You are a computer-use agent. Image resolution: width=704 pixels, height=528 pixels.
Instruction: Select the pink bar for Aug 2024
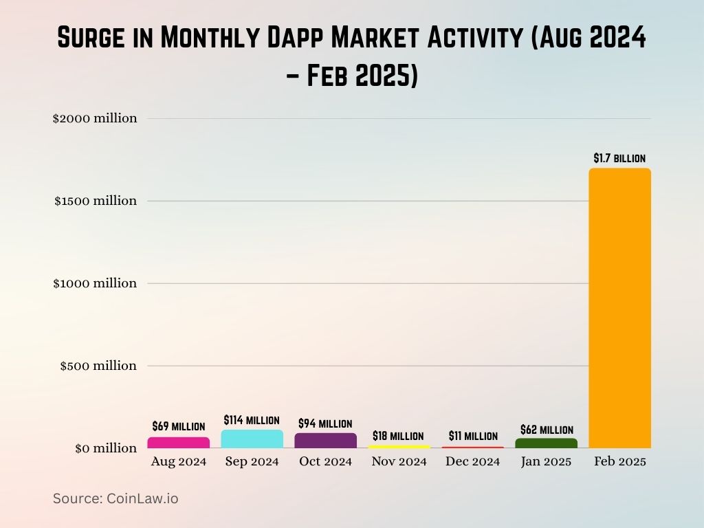pyautogui.click(x=178, y=443)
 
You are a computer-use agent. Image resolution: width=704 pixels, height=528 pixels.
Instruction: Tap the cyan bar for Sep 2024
pyautogui.click(x=252, y=439)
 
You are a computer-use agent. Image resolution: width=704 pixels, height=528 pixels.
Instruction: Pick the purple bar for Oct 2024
pyautogui.click(x=325, y=441)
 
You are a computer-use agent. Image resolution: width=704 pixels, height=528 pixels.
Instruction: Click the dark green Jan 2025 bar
pyautogui.click(x=546, y=443)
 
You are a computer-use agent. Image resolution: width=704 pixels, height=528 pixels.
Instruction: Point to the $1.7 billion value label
pyautogui.click(x=619, y=158)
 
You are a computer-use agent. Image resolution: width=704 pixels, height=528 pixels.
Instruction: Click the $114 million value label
pyautogui.click(x=252, y=420)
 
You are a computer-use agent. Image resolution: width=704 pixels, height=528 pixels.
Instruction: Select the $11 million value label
pyautogui.click(x=473, y=436)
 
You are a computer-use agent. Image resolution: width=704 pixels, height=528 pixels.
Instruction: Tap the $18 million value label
pyautogui.click(x=398, y=436)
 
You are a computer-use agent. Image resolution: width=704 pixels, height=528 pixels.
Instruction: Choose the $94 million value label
pyautogui.click(x=325, y=423)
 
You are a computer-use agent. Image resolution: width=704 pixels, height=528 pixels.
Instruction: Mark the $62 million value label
pyautogui.click(x=547, y=430)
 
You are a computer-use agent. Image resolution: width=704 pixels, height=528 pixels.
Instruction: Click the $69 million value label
pyautogui.click(x=179, y=427)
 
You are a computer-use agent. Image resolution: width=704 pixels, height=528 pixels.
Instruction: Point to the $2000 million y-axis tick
pyautogui.click(x=95, y=118)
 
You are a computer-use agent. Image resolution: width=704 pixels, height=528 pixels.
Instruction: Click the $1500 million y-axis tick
pyautogui.click(x=95, y=201)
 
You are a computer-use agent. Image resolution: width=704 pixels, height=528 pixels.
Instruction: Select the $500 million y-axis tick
pyautogui.click(x=98, y=366)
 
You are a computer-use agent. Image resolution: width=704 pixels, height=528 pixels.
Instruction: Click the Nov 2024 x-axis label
pyautogui.click(x=399, y=462)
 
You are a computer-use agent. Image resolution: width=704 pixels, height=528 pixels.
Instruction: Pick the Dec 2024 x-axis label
pyautogui.click(x=473, y=462)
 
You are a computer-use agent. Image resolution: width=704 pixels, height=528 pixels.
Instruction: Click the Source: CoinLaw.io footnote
pyautogui.click(x=115, y=498)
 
